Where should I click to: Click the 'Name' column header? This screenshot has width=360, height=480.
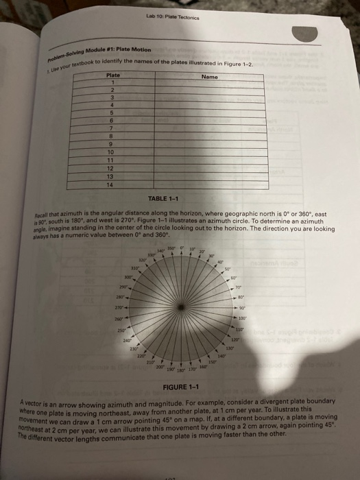point(210,77)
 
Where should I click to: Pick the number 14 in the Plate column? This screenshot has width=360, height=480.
point(119,183)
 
